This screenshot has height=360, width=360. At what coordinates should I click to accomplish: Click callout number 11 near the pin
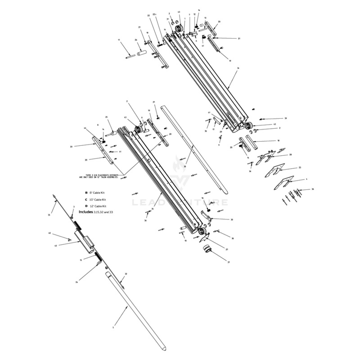(x=119, y=40)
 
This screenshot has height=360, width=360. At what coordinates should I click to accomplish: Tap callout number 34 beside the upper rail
(x=238, y=68)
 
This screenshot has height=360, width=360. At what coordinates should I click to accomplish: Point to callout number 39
(x=285, y=118)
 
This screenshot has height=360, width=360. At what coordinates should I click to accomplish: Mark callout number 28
(x=290, y=155)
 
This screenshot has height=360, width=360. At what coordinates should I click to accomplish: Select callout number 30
(x=232, y=220)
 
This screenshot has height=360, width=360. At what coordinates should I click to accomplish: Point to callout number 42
(x=56, y=245)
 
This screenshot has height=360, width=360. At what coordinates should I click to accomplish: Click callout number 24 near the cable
(x=77, y=282)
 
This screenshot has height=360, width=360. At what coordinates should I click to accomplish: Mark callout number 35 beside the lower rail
(x=153, y=209)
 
